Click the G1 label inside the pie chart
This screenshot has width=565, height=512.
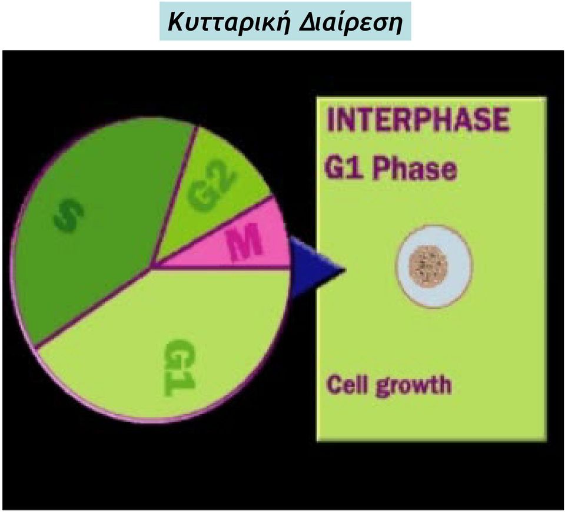(x=179, y=366)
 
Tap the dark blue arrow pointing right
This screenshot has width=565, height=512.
(x=314, y=267)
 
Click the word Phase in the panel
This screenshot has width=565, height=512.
(x=415, y=169)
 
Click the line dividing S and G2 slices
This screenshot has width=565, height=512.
(x=174, y=197)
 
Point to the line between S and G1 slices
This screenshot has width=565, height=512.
(x=93, y=308)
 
